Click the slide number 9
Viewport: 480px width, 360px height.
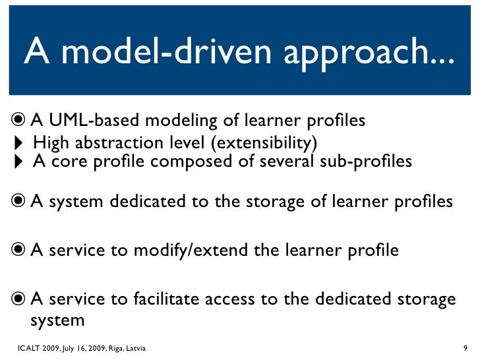coord(465,347)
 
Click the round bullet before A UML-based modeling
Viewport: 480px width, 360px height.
coord(18,120)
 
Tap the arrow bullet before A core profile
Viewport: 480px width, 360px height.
coord(18,162)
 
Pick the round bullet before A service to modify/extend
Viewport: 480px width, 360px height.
coord(18,251)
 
